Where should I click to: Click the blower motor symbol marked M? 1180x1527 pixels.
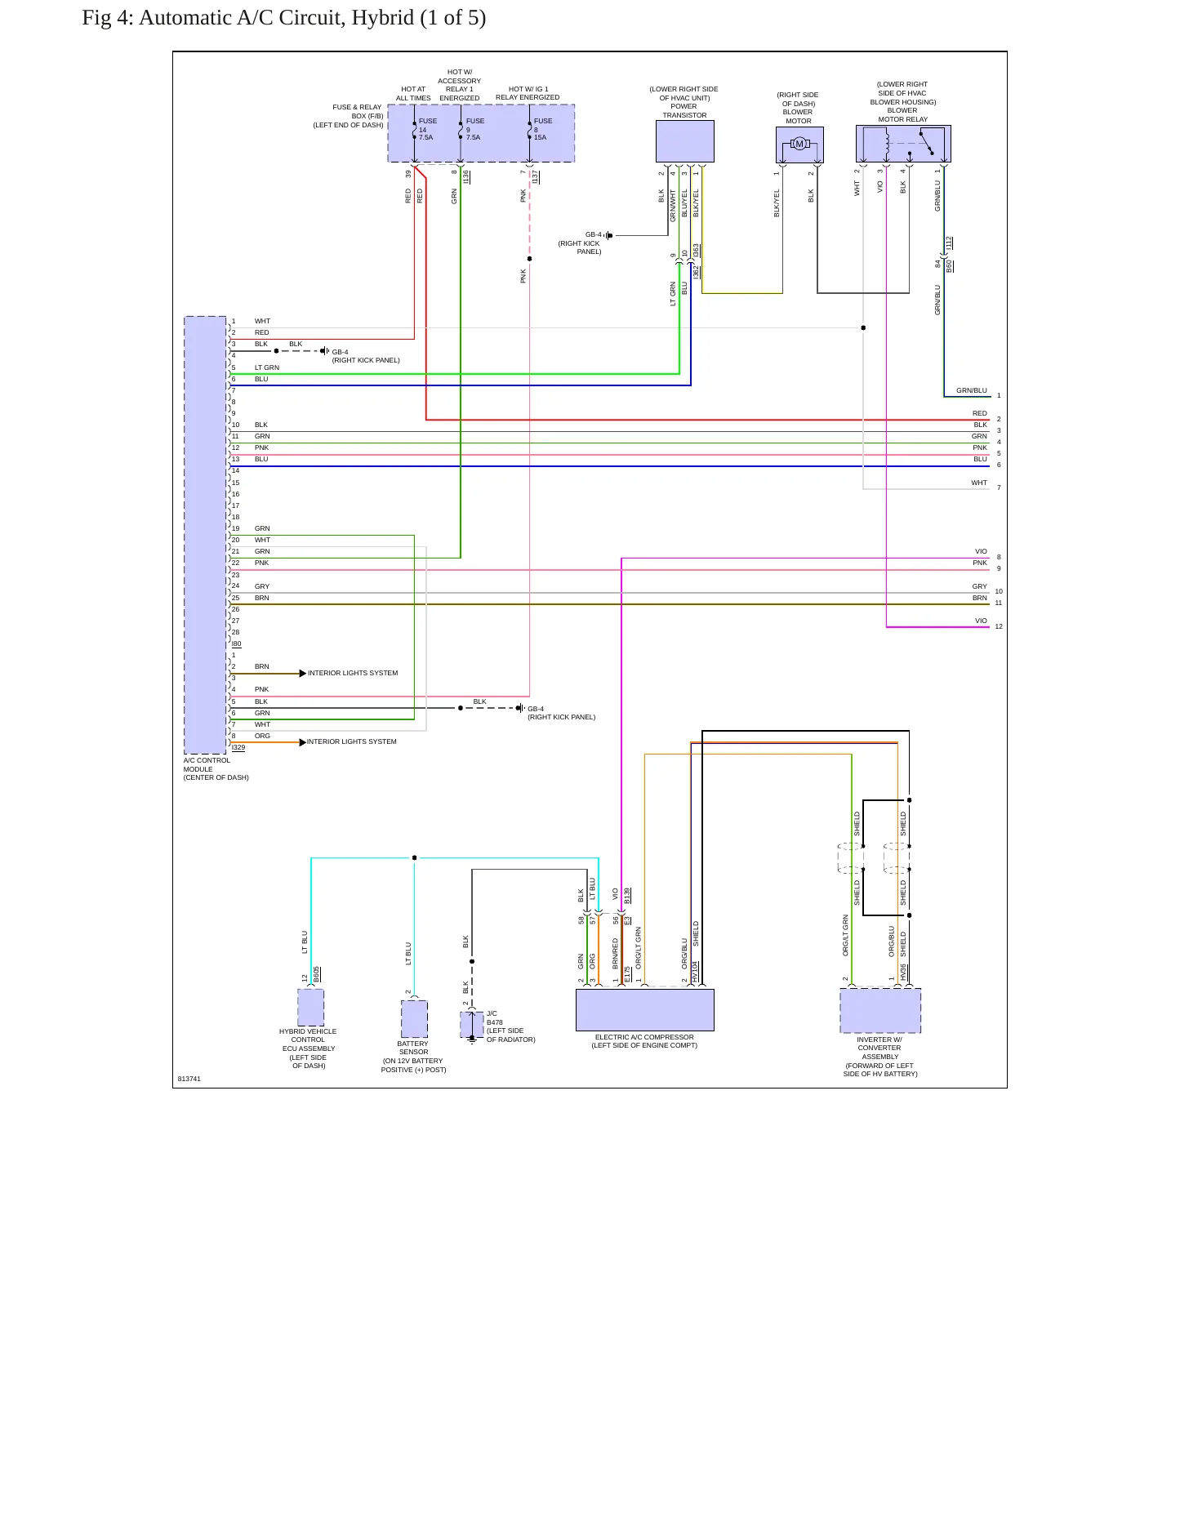(x=799, y=145)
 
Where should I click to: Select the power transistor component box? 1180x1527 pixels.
(x=685, y=142)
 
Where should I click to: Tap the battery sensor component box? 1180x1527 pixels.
(x=414, y=1019)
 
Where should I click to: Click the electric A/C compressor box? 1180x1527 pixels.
(x=645, y=1010)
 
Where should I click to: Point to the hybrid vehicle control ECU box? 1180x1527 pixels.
(x=310, y=1007)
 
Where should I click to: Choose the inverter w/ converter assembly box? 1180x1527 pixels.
(x=880, y=1011)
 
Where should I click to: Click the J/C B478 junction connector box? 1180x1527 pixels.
(x=472, y=1025)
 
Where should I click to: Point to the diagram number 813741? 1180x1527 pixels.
(x=189, y=1079)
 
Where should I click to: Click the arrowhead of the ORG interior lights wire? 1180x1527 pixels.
(x=303, y=742)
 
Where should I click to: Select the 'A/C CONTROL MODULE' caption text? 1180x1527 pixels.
(x=207, y=764)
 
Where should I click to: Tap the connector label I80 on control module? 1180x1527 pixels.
(x=237, y=644)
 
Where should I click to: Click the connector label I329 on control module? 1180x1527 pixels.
(x=238, y=748)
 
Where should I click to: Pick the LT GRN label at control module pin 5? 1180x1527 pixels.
(x=267, y=367)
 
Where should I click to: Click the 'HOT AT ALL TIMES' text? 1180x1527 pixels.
(x=413, y=94)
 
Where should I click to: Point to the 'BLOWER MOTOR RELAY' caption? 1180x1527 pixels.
(x=902, y=115)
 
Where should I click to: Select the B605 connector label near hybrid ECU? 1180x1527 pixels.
(x=317, y=974)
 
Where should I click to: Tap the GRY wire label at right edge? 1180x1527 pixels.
(x=980, y=586)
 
